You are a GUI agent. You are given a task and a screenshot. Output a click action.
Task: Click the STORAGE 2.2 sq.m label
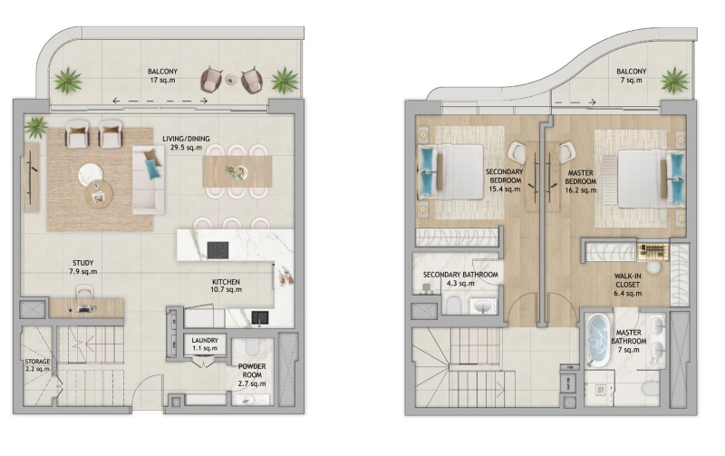point(38,364)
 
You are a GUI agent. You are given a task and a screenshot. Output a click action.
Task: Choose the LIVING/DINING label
point(186,143)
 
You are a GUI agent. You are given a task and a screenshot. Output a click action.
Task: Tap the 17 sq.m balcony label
point(163,76)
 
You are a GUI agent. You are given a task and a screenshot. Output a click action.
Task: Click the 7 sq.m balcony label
point(631,76)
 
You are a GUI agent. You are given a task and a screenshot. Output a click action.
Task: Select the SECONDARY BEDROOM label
point(503,179)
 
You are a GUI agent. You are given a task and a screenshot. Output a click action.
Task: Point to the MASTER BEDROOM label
point(580,179)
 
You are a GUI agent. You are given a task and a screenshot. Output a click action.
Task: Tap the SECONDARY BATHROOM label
point(460,278)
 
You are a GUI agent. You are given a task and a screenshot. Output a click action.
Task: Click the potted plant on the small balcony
point(674,81)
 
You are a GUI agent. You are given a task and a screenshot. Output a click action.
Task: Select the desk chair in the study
point(85,294)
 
